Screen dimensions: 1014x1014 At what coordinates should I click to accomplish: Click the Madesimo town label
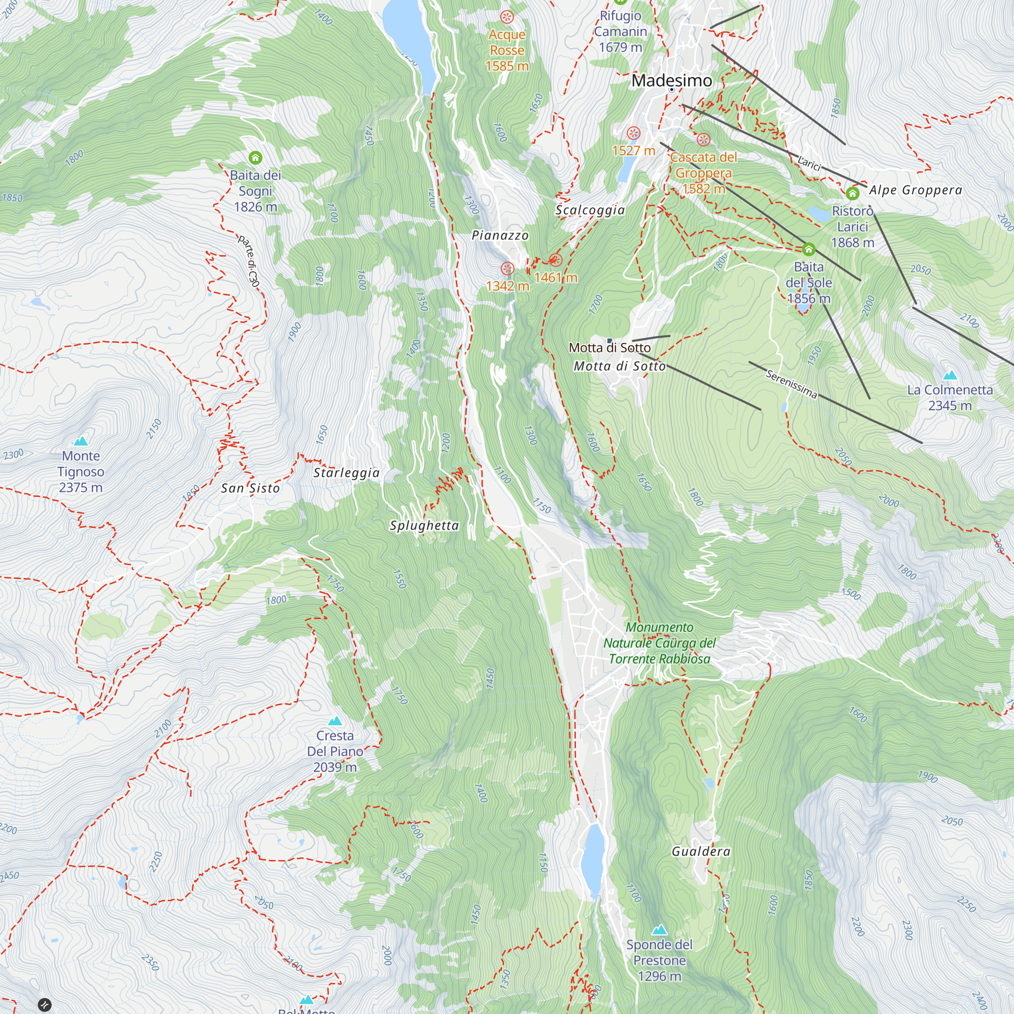point(671,80)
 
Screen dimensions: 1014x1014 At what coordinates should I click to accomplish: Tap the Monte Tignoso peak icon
point(81,441)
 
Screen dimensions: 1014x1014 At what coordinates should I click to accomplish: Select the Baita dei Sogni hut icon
point(255,158)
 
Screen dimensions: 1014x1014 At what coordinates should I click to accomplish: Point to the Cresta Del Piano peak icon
point(335,721)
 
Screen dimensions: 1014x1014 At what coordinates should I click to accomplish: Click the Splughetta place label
point(424,525)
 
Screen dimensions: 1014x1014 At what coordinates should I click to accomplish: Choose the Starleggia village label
point(346,473)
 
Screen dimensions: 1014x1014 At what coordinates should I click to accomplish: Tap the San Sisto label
point(250,488)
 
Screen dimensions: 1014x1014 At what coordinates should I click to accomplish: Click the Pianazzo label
point(500,236)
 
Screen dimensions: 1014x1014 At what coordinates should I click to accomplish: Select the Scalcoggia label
point(590,210)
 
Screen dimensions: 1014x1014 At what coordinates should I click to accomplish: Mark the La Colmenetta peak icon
point(950,375)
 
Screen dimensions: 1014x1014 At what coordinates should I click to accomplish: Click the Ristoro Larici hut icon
point(852,194)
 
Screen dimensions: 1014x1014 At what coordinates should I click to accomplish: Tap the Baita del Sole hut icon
point(808,249)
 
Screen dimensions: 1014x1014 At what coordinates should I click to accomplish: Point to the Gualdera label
point(701,851)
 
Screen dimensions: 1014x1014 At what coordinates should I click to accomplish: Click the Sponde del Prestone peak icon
point(659,930)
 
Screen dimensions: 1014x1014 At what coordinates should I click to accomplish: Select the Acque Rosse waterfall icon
point(506,17)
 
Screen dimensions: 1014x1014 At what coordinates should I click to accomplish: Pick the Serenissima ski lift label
point(791,384)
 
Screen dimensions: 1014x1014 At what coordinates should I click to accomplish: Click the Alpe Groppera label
point(915,190)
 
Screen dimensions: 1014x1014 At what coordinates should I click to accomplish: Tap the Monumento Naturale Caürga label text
point(659,643)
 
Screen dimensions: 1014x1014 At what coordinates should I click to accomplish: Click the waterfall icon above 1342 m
point(507,269)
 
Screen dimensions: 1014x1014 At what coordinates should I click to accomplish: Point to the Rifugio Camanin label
point(621,31)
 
